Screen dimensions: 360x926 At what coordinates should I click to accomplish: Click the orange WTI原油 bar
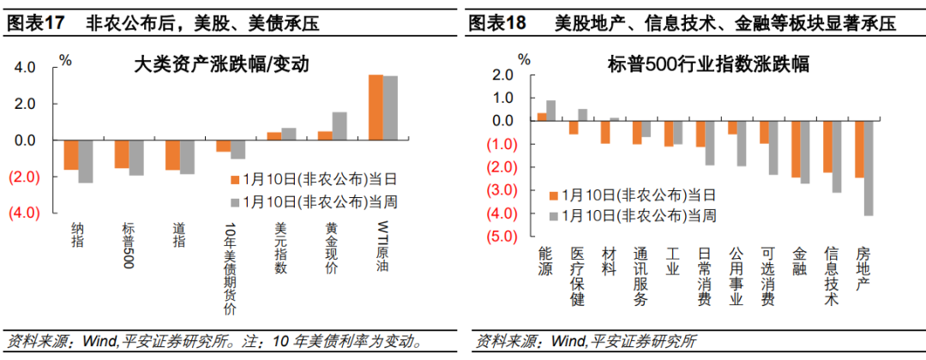(x=376, y=107)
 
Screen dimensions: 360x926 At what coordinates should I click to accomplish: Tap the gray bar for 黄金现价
(x=340, y=126)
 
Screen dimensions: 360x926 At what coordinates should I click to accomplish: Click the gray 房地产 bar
(x=869, y=168)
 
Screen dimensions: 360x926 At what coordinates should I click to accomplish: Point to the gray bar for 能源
(x=550, y=111)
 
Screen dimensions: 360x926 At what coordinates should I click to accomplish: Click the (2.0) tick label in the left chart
(x=22, y=177)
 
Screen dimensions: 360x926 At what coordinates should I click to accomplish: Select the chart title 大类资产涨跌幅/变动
(x=220, y=64)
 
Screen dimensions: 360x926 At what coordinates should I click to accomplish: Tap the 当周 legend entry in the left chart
(x=314, y=201)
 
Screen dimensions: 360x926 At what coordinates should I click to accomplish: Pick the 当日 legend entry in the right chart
(x=637, y=195)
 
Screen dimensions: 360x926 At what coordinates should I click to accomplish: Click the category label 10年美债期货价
(x=229, y=270)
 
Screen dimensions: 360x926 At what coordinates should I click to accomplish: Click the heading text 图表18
(x=498, y=24)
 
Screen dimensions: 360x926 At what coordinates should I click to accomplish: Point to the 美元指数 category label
(x=280, y=249)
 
